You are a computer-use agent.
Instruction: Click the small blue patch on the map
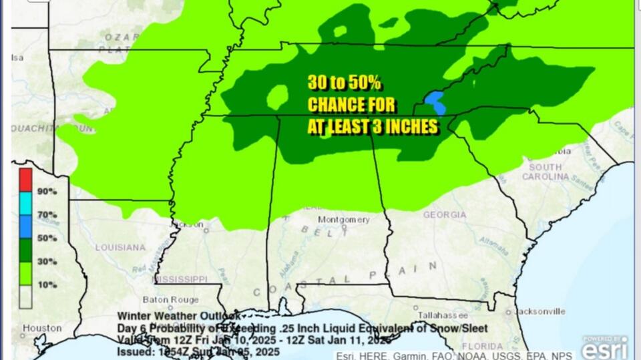435,102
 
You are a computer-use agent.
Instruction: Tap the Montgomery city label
343,219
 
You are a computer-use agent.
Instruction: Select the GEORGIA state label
444,214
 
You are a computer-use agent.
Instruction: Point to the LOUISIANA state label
120,247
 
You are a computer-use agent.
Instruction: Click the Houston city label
42,328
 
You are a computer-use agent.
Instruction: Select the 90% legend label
47,191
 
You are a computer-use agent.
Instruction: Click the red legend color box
25,178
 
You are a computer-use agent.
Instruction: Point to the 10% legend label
47,285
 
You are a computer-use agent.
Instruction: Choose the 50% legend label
47,238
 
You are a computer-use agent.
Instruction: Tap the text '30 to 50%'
344,83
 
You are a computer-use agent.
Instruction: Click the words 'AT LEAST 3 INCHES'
373,126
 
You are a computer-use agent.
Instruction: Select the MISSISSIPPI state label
181,278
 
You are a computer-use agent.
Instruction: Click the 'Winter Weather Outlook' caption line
178,315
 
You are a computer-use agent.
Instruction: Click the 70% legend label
47,214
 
